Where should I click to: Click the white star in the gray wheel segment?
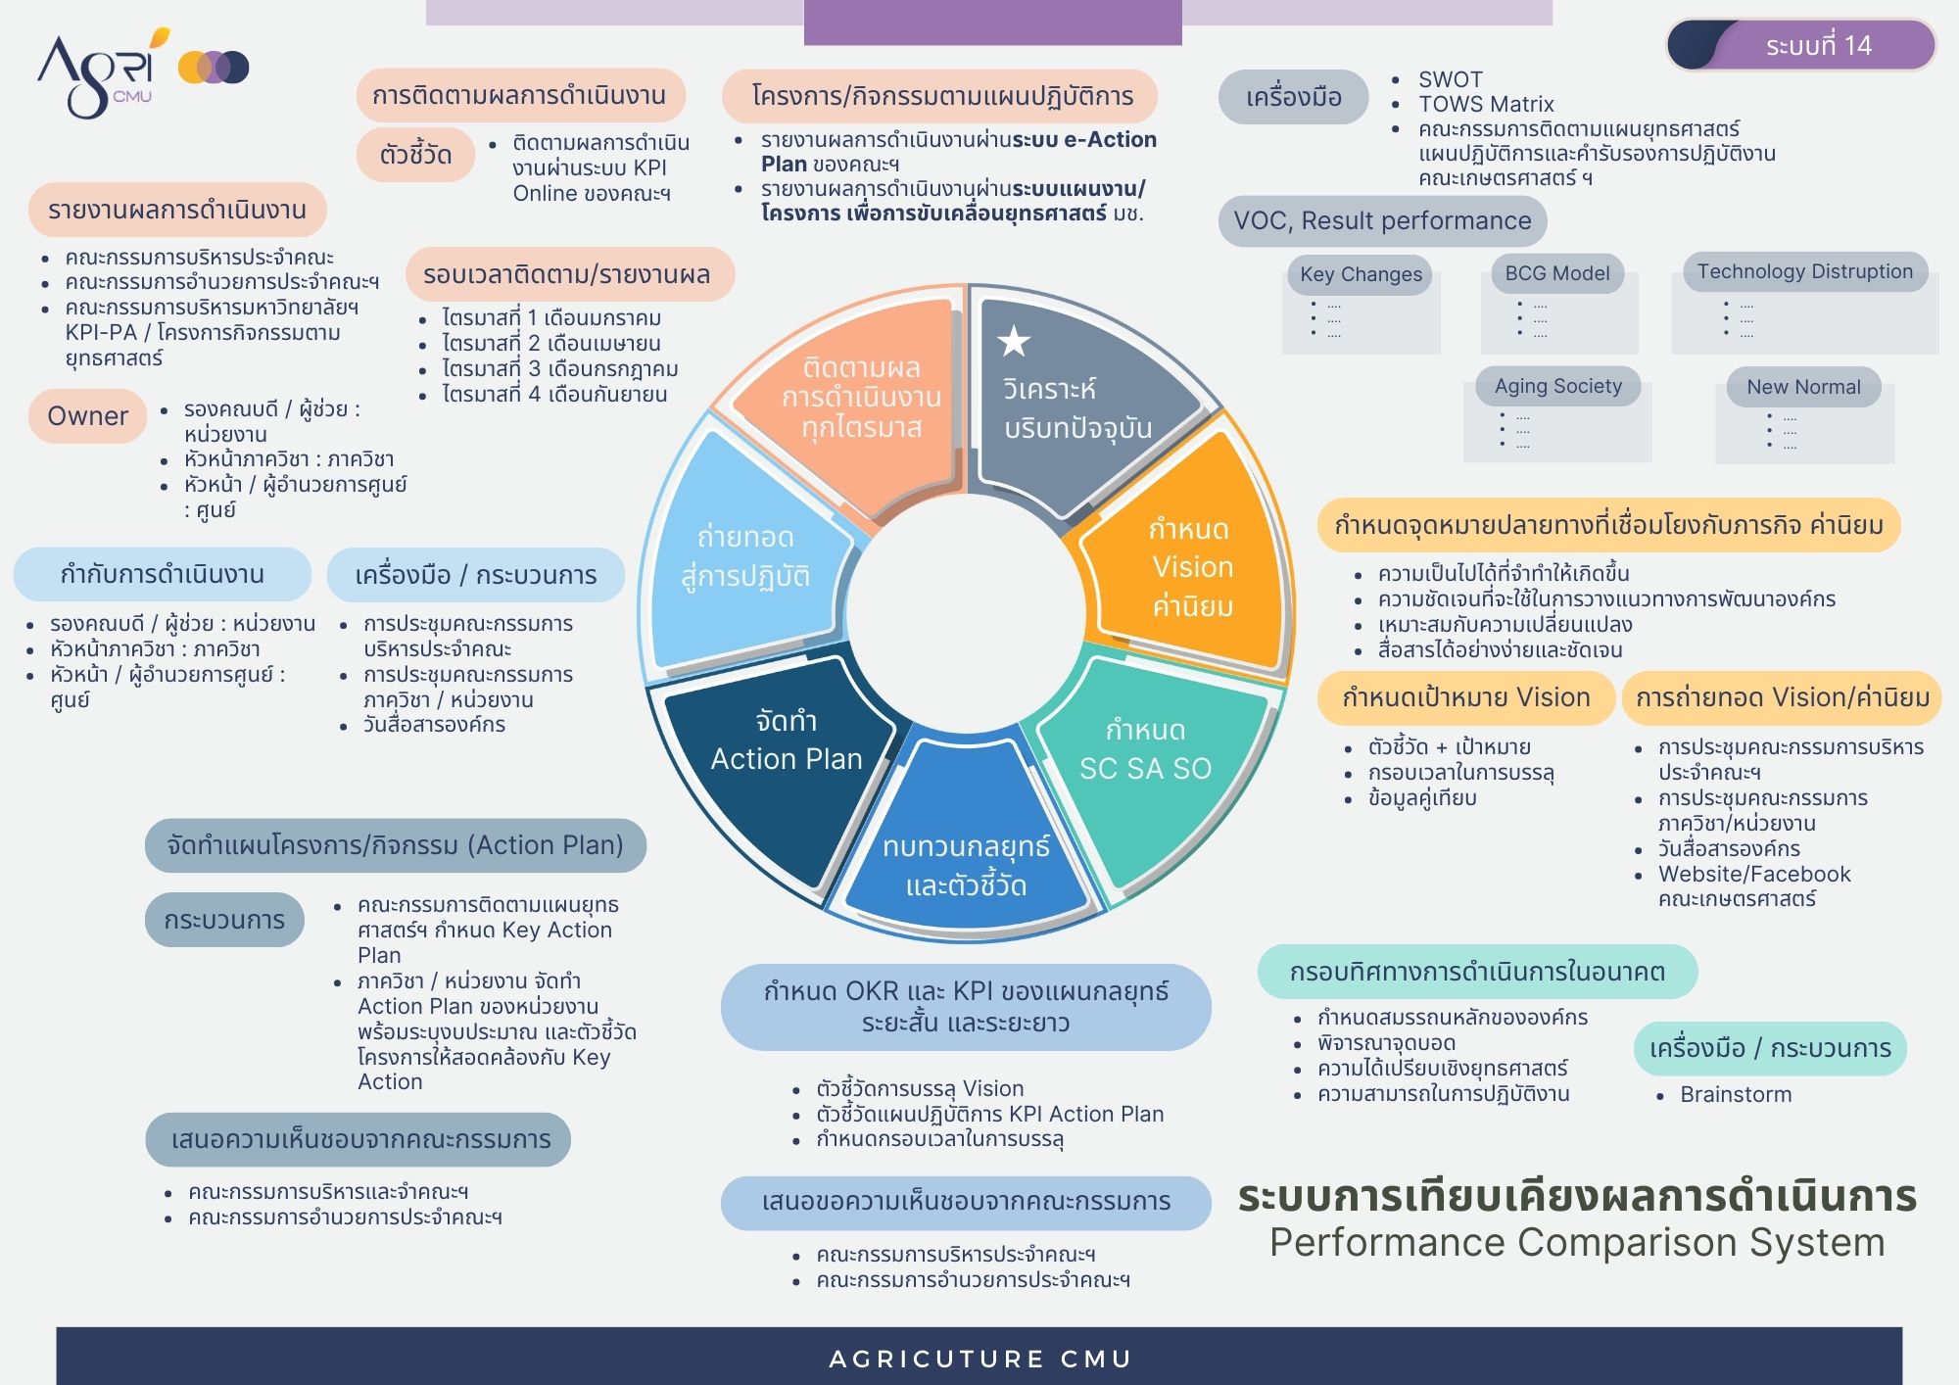pyautogui.click(x=1013, y=341)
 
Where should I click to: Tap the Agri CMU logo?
pyautogui.click(x=143, y=72)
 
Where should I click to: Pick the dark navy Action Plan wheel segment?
pyautogui.click(x=779, y=764)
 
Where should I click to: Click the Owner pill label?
pyautogui.click(x=87, y=415)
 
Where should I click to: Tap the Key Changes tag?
pyautogui.click(x=1361, y=274)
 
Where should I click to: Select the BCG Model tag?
pyautogui.click(x=1557, y=273)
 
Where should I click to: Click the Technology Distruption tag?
pyautogui.click(x=1805, y=271)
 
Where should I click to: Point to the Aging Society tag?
pyautogui.click(x=1558, y=386)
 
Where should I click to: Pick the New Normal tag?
pyautogui.click(x=1803, y=387)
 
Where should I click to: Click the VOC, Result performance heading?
pyautogui.click(x=1382, y=221)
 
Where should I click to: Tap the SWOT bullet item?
pyautogui.click(x=1451, y=79)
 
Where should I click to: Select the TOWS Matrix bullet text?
pyautogui.click(x=1486, y=104)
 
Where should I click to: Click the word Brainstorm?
pyautogui.click(x=1736, y=1094)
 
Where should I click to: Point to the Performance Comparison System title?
pyautogui.click(x=1577, y=1242)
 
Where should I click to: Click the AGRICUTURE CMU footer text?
pyautogui.click(x=979, y=1359)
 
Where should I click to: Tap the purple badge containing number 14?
pyautogui.click(x=1801, y=45)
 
